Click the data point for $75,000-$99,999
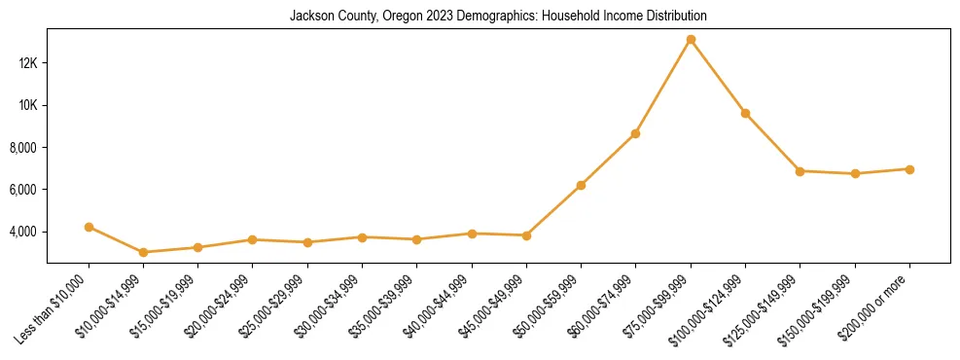[x=691, y=40]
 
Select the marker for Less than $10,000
[x=89, y=227]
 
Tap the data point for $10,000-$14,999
[x=144, y=252]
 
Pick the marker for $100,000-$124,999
[x=745, y=113]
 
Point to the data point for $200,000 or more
[x=909, y=169]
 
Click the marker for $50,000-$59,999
[x=581, y=185]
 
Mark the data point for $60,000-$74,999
[x=635, y=133]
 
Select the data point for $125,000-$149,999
[x=800, y=171]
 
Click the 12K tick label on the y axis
[x=26, y=63]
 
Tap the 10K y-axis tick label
[x=26, y=105]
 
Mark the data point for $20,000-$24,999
[x=252, y=239]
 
